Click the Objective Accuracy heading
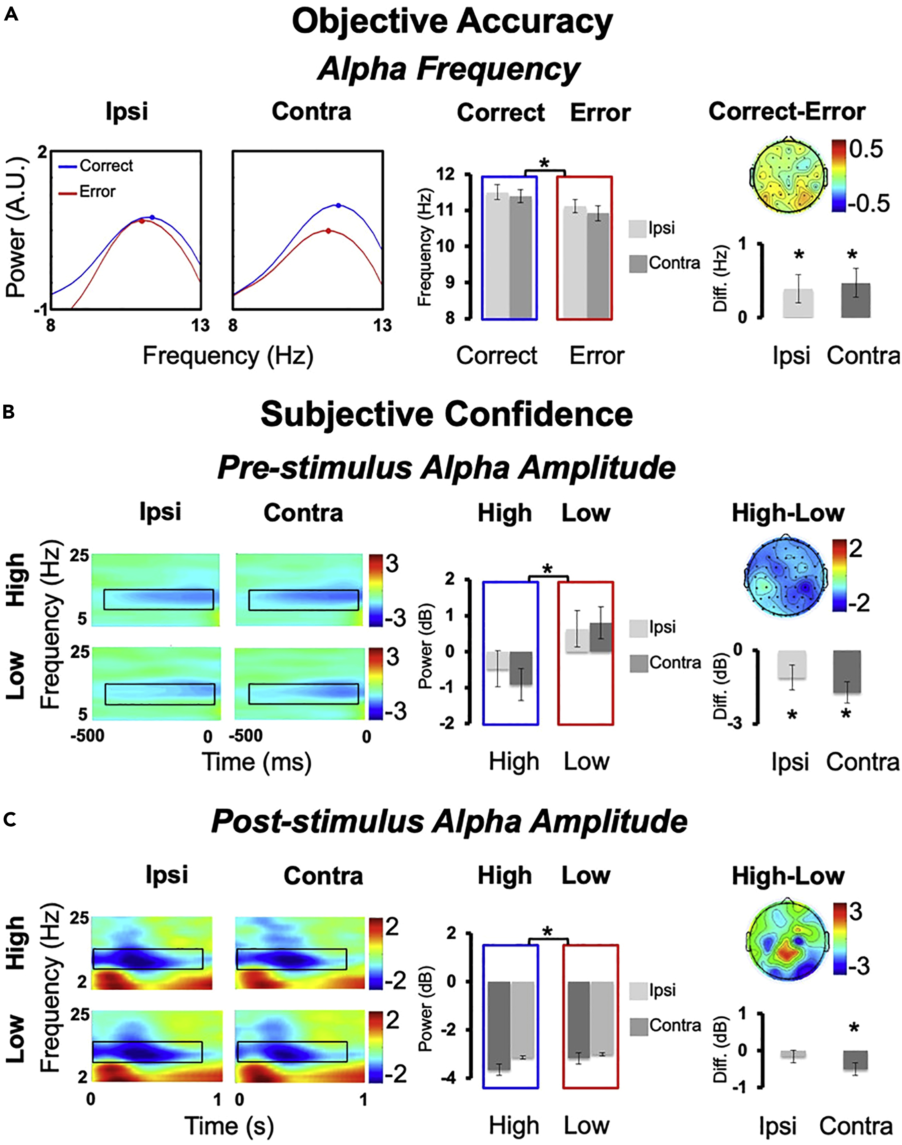452,22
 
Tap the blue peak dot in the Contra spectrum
339,206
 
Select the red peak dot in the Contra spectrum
328,231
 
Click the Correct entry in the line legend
106,166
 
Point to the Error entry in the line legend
97,191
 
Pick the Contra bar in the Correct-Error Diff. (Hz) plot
855,300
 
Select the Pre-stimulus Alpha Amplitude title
446,468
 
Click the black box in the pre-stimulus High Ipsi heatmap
159,600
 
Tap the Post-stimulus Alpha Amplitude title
449,821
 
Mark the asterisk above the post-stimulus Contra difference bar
854,1028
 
